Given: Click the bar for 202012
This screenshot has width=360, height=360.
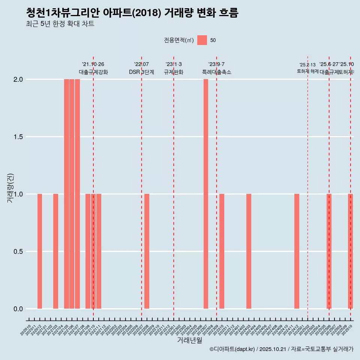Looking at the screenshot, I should coord(40,251).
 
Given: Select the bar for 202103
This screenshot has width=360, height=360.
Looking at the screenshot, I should coord(55,251).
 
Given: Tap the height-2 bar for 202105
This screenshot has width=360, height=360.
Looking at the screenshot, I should coord(66,194).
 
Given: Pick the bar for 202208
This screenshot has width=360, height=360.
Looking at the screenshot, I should coord(147,251).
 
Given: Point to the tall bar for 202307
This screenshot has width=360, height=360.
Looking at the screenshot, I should coord(206,194).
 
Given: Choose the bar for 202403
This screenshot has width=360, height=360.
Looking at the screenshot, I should coord(249,251).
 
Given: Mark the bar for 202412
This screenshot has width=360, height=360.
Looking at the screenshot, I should coord(297,251).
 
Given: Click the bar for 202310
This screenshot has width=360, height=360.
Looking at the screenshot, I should coord(222,251).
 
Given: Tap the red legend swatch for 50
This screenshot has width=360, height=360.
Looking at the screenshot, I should coord(202,40).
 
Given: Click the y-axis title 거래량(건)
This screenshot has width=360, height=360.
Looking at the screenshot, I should coord(10,188).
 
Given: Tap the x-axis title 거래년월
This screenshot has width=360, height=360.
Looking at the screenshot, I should coord(189,340).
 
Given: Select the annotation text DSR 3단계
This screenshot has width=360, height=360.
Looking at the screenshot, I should coord(141,72).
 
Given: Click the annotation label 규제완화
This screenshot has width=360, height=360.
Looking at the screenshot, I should coord(174,72).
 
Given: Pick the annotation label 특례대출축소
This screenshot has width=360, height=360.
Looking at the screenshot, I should coord(217,72).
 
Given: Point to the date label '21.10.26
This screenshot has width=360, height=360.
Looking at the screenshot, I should coord(93,64).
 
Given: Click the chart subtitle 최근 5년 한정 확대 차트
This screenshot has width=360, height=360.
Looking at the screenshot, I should coord(60,24).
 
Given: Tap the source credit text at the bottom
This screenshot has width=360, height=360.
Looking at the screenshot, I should coord(281,349).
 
